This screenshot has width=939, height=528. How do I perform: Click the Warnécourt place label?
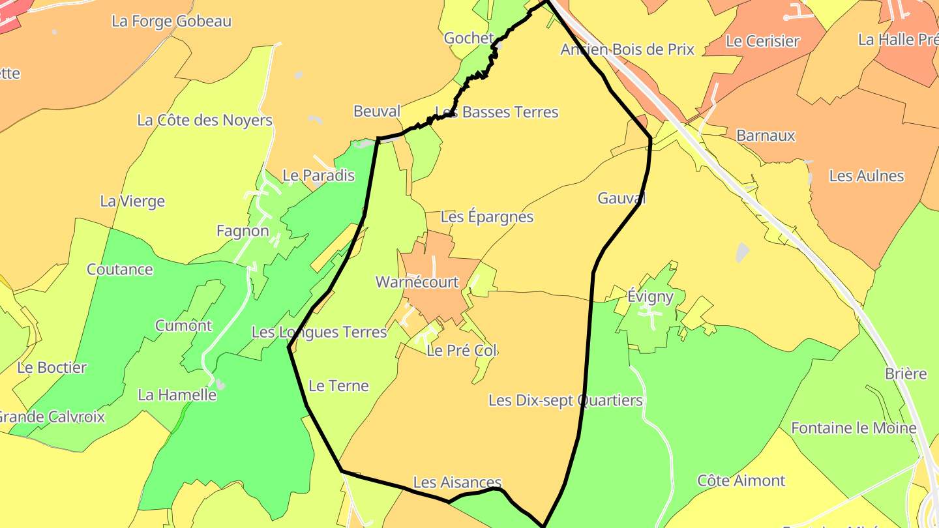(x=417, y=283)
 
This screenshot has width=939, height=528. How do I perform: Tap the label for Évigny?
(x=650, y=297)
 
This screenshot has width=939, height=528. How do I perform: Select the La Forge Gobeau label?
(x=171, y=22)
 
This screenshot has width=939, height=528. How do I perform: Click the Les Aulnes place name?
(x=867, y=176)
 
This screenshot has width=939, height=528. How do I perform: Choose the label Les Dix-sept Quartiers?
(x=565, y=401)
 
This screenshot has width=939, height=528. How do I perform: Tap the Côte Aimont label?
(x=741, y=481)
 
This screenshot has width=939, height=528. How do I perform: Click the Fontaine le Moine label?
(x=854, y=428)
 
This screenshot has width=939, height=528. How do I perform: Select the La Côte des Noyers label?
(x=205, y=121)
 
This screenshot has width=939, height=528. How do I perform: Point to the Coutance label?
(x=120, y=270)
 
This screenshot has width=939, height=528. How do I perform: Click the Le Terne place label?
(x=338, y=386)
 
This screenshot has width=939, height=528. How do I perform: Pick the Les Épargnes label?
(x=487, y=217)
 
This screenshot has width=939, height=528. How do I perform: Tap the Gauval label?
(x=621, y=199)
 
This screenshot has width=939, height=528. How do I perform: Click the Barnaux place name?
(x=766, y=136)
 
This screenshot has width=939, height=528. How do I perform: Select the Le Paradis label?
(x=318, y=175)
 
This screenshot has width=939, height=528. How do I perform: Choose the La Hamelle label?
(x=177, y=395)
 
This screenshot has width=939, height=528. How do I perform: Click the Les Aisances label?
(x=458, y=483)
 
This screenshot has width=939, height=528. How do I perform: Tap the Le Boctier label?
(x=52, y=368)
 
